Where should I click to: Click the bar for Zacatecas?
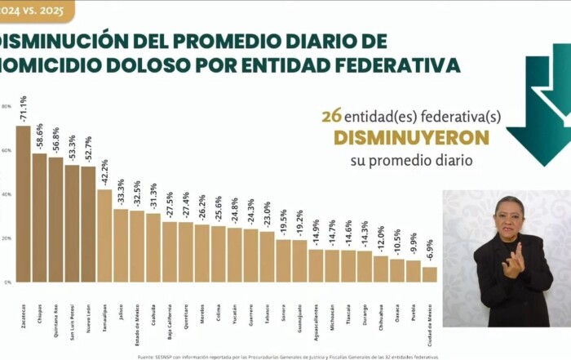click(23, 204)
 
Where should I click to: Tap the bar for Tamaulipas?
click(104, 236)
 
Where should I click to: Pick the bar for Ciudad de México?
click(430, 274)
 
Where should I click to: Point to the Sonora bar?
click(283, 260)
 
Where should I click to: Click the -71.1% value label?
click(23, 109)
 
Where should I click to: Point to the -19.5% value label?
click(283, 223)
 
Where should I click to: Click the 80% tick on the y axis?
click(6, 107)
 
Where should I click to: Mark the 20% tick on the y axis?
click(6, 238)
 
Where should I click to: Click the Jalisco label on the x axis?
click(121, 315)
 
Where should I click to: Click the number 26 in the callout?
click(331, 116)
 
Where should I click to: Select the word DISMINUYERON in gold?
click(411, 137)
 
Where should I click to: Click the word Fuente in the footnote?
click(146, 356)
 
